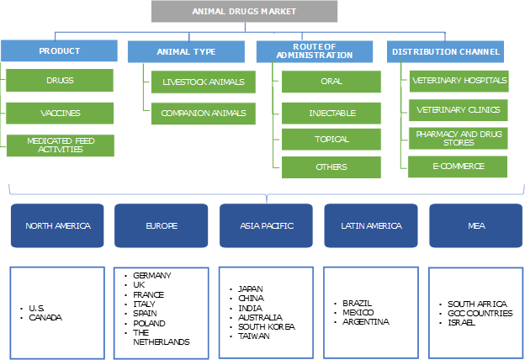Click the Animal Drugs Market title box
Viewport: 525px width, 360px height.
point(245,12)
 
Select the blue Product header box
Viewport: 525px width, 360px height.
point(60,51)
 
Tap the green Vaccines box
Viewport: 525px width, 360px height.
point(60,113)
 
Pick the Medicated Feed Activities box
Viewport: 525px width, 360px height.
point(60,145)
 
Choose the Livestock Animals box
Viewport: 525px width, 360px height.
point(203,82)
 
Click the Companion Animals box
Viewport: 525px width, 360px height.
point(203,113)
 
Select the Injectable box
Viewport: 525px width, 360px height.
point(331,113)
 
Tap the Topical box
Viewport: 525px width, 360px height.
point(331,140)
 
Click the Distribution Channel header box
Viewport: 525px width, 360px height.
point(445,51)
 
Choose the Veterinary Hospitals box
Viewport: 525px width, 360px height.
point(459,82)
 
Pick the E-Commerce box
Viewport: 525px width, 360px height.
point(459,166)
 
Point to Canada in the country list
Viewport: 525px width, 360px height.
point(45,318)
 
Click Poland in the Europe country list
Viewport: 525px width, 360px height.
point(150,323)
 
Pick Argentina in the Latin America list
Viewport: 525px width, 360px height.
point(366,321)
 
